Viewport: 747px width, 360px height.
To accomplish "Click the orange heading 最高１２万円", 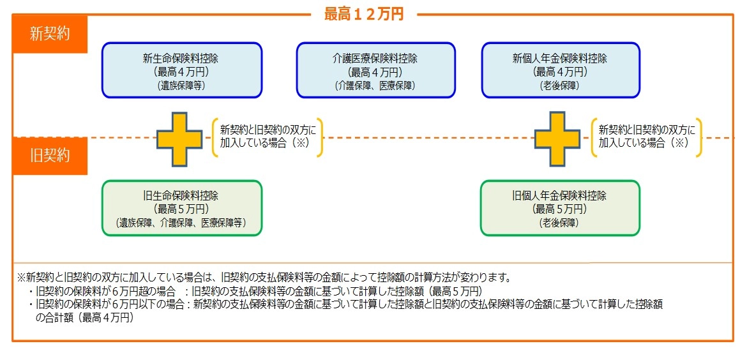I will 364,14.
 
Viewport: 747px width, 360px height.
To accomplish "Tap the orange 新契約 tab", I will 49,34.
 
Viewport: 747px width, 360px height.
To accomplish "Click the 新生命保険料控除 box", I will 181,70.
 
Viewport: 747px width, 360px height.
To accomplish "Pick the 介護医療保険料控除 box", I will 375,70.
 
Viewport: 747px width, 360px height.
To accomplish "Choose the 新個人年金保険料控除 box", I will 560,70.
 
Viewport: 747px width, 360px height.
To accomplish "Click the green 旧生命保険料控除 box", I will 181,208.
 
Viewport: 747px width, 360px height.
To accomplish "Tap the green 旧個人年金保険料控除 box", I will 559,208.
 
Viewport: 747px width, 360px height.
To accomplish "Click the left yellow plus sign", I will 181,139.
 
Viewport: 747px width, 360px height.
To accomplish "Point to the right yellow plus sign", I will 557,139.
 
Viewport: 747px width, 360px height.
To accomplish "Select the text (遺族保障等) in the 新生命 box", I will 181,85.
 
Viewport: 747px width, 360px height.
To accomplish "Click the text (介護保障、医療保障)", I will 375,85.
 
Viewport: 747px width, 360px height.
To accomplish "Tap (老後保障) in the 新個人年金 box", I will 560,85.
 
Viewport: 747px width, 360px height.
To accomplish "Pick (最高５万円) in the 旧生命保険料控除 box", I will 181,209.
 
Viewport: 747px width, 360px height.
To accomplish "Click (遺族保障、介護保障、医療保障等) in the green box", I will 181,223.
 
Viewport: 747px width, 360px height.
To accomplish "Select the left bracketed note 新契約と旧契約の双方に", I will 268,128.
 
